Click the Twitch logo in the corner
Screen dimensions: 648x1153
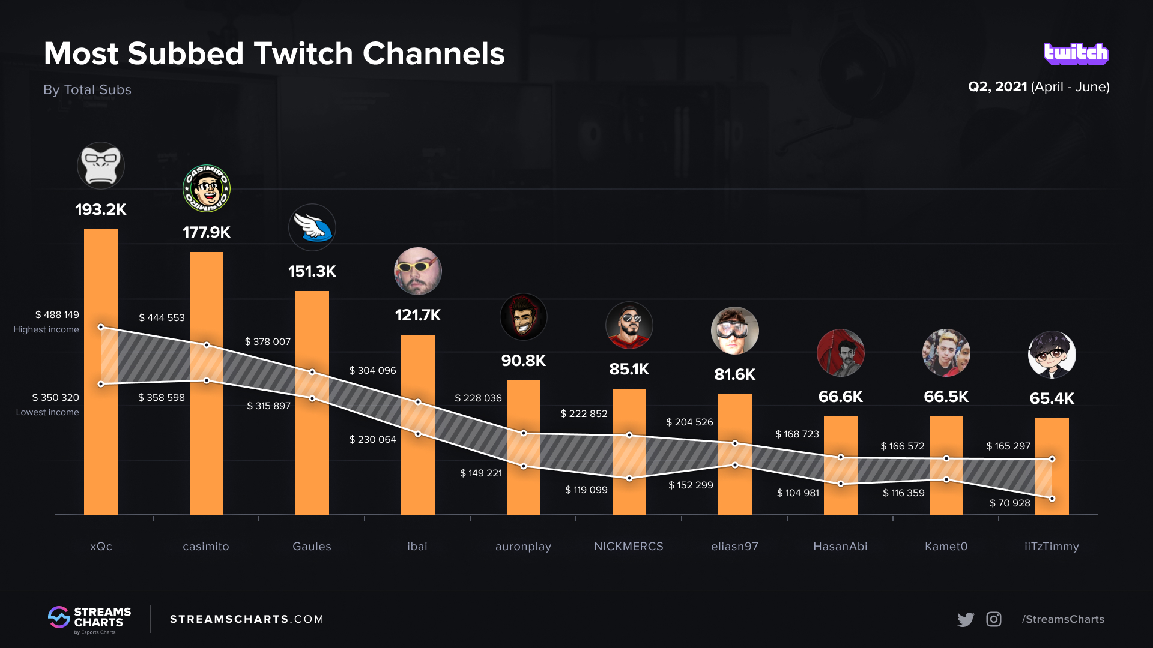pyautogui.click(x=1076, y=54)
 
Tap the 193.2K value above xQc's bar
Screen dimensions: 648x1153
pyautogui.click(x=101, y=209)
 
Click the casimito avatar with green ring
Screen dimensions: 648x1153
pyautogui.click(x=206, y=188)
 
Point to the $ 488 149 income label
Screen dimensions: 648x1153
pyautogui.click(x=57, y=315)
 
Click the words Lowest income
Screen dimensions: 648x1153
pyautogui.click(x=47, y=412)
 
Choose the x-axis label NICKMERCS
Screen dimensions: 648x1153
pyautogui.click(x=628, y=547)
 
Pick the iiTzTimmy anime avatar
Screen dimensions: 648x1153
pyautogui.click(x=1052, y=354)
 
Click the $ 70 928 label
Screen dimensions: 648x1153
pyautogui.click(x=1009, y=503)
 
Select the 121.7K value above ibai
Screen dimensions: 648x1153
pyautogui.click(x=417, y=315)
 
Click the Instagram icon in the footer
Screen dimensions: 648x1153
pyautogui.click(x=994, y=619)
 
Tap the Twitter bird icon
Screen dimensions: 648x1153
pyautogui.click(x=965, y=619)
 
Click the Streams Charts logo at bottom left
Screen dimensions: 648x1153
pyautogui.click(x=89, y=619)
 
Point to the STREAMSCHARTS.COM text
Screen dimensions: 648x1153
pyautogui.click(x=247, y=619)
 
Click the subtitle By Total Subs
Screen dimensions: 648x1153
pyautogui.click(x=87, y=90)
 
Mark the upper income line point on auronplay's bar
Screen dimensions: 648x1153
pyautogui.click(x=524, y=433)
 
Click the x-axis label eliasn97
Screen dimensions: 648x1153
pyautogui.click(x=734, y=547)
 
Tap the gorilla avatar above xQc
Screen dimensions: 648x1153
pyautogui.click(x=101, y=166)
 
